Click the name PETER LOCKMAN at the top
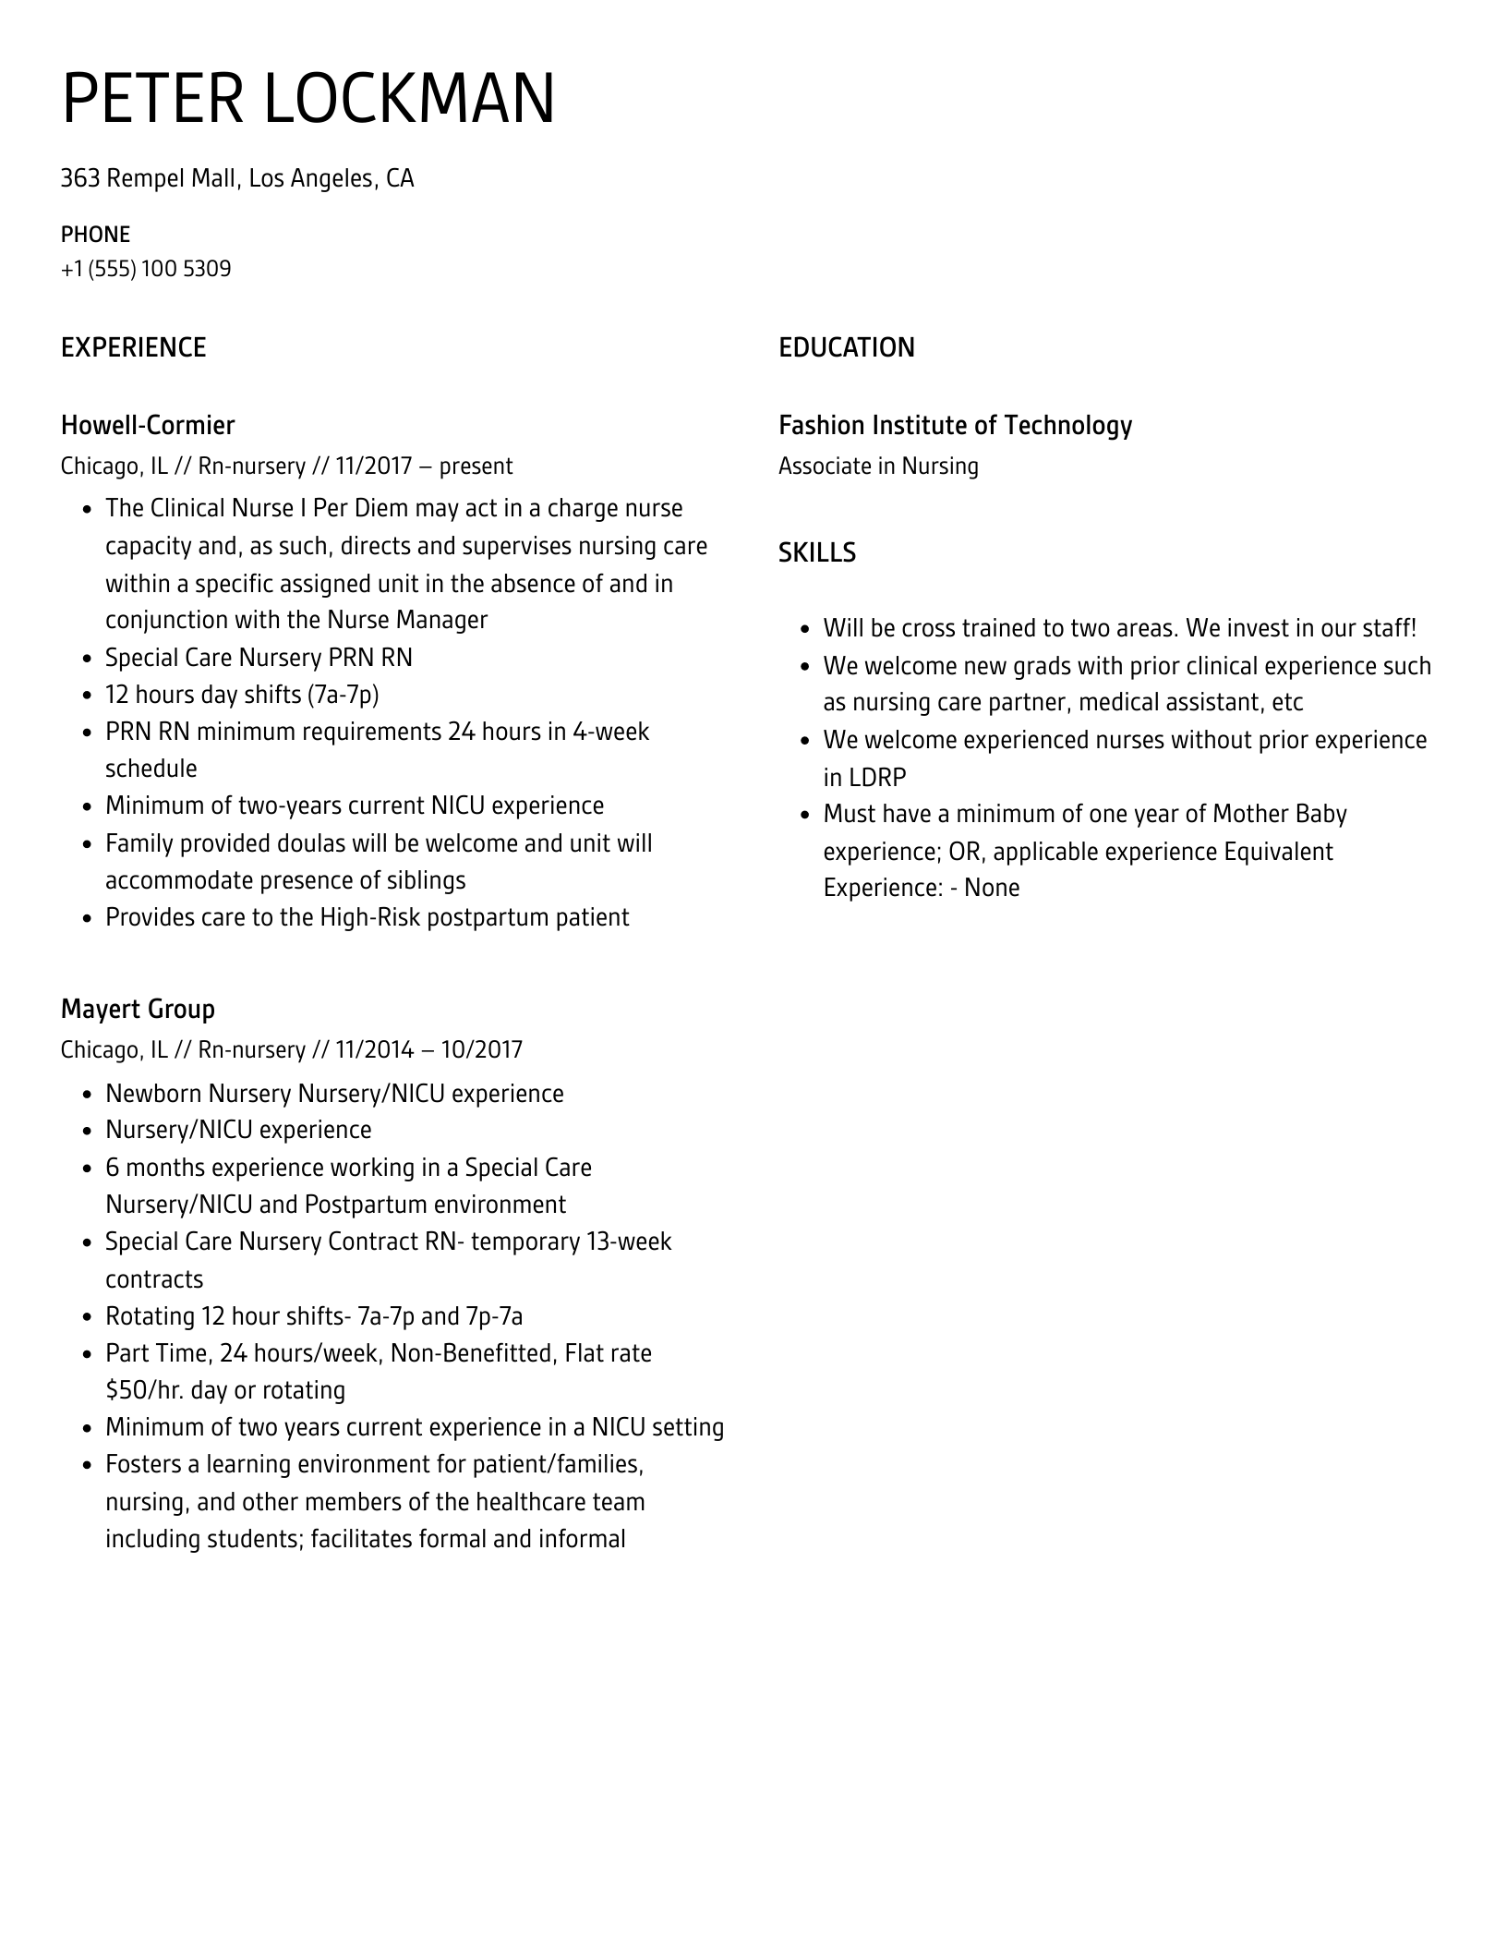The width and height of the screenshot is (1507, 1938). click(308, 98)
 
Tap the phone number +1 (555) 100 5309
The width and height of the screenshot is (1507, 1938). click(146, 269)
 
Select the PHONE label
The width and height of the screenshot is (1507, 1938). click(95, 234)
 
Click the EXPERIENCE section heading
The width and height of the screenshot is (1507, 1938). click(133, 347)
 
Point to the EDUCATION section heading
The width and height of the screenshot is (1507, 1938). click(846, 347)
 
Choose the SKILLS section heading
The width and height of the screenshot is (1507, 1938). click(816, 552)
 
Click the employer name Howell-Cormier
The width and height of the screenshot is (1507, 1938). click(148, 425)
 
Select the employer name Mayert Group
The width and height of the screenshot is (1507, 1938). click(138, 1009)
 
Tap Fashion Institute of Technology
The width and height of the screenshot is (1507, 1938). click(955, 425)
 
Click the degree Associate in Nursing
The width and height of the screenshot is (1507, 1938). click(877, 466)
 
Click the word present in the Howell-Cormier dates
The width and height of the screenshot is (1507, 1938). click(476, 466)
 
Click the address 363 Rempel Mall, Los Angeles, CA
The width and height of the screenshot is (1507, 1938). click(237, 177)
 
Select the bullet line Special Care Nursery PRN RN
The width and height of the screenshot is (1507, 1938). click(259, 658)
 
